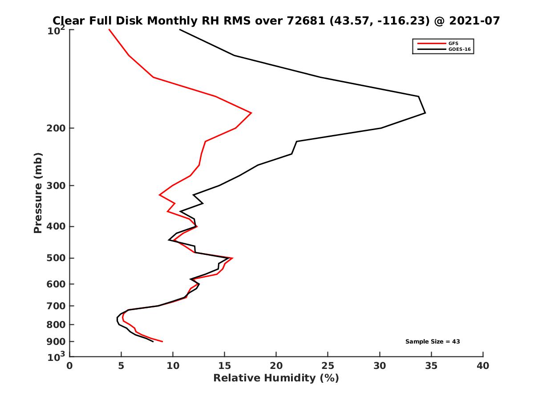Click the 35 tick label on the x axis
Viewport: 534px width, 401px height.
click(431, 366)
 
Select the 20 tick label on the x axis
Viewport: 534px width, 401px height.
click(276, 366)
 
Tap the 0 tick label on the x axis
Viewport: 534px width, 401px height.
click(70, 366)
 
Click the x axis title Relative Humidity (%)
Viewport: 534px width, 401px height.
click(276, 378)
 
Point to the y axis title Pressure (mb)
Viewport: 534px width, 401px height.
click(38, 192)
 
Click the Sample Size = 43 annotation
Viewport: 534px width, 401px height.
click(433, 342)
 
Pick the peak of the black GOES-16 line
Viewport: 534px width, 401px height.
click(425, 113)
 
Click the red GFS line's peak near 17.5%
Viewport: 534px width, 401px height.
click(251, 113)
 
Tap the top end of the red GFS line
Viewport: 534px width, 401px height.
click(109, 29)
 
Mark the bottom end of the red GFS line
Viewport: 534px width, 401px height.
click(162, 342)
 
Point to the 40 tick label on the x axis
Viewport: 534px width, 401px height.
click(483, 366)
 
